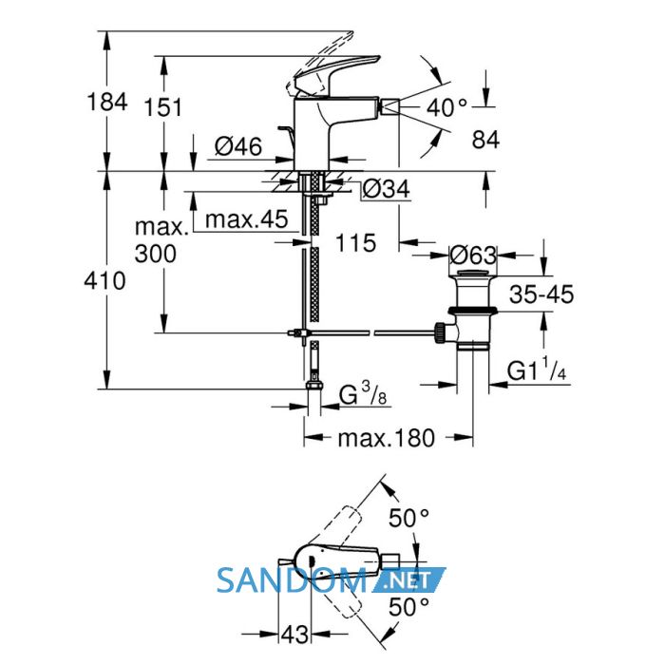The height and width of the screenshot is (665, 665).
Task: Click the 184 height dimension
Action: [x=106, y=103]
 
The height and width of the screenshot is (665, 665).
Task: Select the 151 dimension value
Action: [x=162, y=107]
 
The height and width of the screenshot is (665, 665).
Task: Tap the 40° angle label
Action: [x=446, y=107]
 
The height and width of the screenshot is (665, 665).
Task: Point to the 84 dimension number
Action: [x=485, y=139]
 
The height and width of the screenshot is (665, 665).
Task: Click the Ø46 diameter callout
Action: [x=238, y=146]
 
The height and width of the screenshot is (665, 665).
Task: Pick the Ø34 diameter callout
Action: [x=387, y=189]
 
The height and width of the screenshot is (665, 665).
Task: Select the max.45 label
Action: [x=246, y=219]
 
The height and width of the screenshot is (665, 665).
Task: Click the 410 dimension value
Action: [x=104, y=281]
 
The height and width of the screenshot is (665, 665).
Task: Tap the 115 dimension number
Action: [x=355, y=243]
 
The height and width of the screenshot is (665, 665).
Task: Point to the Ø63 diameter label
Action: [x=473, y=256]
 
